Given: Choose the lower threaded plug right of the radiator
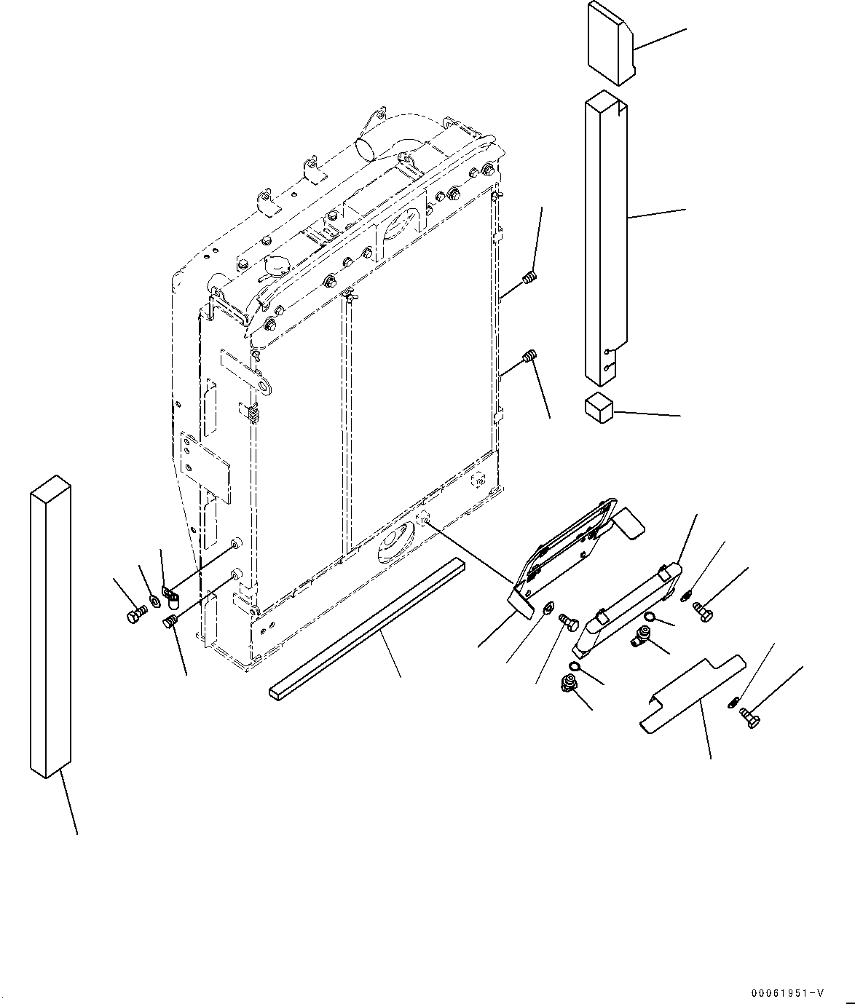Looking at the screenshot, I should (x=530, y=357).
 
